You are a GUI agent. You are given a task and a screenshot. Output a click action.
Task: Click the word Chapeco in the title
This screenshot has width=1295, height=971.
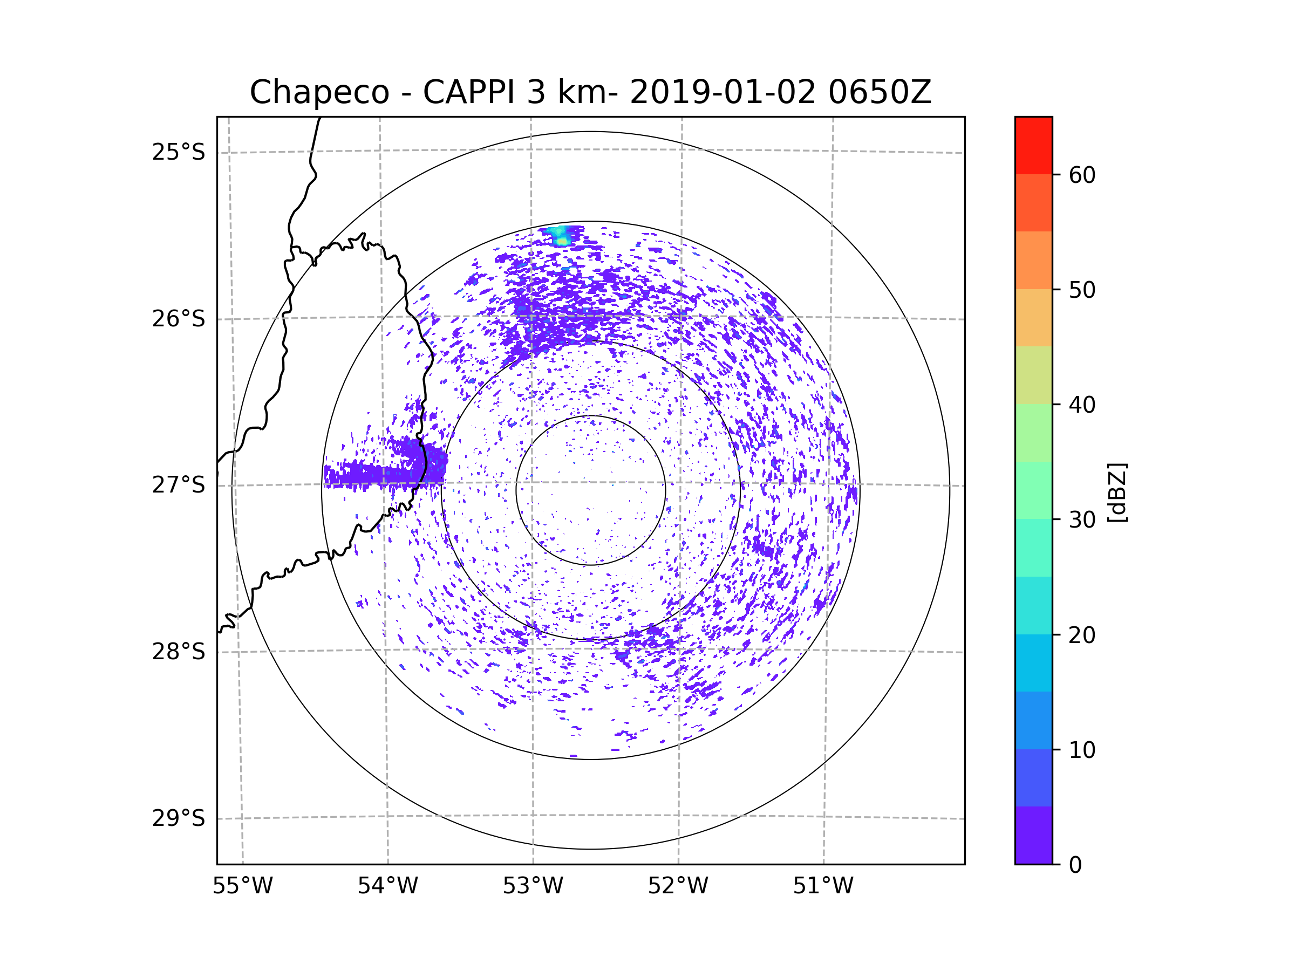coord(319,92)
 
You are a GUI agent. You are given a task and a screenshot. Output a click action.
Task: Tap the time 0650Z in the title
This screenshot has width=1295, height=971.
coord(880,92)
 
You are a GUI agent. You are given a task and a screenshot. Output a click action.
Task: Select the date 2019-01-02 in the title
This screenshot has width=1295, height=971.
coord(723,92)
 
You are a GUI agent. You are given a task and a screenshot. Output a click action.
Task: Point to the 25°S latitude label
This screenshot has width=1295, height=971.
coord(179,152)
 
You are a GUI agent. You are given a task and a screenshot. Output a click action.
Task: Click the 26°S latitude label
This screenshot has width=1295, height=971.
coord(179,319)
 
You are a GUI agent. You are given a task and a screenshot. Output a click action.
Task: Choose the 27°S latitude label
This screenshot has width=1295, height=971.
coord(179,485)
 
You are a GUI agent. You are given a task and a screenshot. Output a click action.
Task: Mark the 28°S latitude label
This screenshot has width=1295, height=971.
coord(179,652)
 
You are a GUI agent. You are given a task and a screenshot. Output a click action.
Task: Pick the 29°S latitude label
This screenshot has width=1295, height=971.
coord(179,818)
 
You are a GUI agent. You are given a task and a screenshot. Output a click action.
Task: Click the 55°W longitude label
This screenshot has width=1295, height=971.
coord(242,886)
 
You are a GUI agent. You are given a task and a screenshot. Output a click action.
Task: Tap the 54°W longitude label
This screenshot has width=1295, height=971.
coord(387,886)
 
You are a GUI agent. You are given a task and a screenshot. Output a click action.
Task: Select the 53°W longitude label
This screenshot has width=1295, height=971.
coord(533,886)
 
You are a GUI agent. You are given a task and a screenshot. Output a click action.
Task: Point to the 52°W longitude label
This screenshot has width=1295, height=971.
coord(678,886)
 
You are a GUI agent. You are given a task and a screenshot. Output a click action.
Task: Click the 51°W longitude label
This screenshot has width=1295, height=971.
coord(823,886)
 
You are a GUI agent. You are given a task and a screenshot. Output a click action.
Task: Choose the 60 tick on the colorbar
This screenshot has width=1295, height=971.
coord(1082,175)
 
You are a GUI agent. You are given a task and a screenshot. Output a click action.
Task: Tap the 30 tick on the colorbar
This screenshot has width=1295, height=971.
coord(1082,519)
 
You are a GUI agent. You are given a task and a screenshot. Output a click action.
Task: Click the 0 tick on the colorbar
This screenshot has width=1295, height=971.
coord(1075,865)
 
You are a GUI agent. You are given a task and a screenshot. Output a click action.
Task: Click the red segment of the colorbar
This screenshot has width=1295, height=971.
coord(1033,145)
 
